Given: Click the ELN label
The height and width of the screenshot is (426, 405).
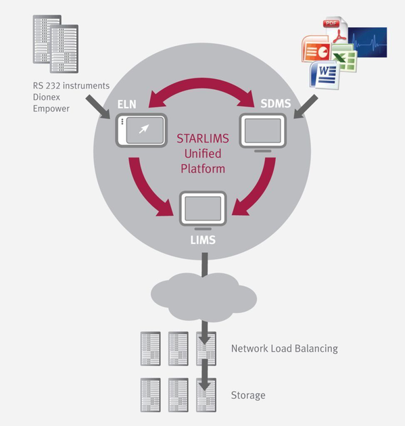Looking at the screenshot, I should pyautogui.click(x=127, y=104).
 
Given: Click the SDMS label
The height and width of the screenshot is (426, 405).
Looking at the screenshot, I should pyautogui.click(x=276, y=103).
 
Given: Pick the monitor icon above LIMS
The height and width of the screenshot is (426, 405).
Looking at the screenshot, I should pyautogui.click(x=202, y=209).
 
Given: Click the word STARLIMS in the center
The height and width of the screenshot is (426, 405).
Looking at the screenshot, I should pyautogui.click(x=202, y=139).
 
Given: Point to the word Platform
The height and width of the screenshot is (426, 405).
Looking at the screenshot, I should pyautogui.click(x=202, y=169).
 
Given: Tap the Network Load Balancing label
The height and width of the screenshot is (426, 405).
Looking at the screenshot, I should pyautogui.click(x=284, y=349).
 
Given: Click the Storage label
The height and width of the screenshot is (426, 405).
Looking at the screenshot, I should pyautogui.click(x=248, y=395).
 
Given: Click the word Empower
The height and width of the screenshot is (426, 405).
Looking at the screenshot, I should pyautogui.click(x=51, y=108).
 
